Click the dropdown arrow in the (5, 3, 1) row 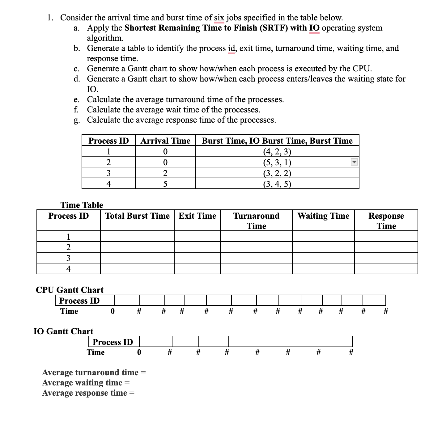coord(355,162)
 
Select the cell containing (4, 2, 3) coord(277,151)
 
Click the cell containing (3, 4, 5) coord(277,184)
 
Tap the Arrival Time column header coord(165,141)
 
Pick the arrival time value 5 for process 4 coord(165,184)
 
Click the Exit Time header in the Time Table coord(197,216)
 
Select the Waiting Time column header coord(323,216)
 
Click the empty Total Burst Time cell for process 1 coord(137,237)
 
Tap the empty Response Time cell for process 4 coord(386,269)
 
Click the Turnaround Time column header coord(256,221)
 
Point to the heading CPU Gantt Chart coord(70,290)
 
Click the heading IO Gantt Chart coord(63,331)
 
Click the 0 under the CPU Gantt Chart coord(113,311)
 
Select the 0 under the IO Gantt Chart coord(139,352)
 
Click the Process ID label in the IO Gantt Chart coord(113,342)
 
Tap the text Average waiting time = coord(86,383)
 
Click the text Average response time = coord(88,393)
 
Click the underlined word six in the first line coord(219,18)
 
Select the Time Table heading coord(82,205)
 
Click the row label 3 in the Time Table coord(68,258)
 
